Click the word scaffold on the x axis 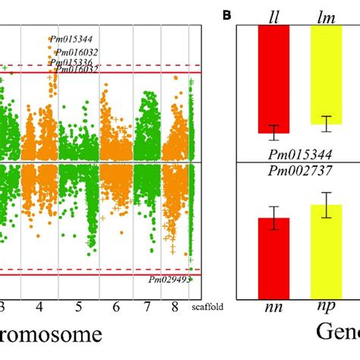(x=207, y=308)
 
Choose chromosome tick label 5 (x=78, y=307)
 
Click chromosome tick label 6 (x=115, y=307)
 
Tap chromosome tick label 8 (x=175, y=307)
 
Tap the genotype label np (x=327, y=308)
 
